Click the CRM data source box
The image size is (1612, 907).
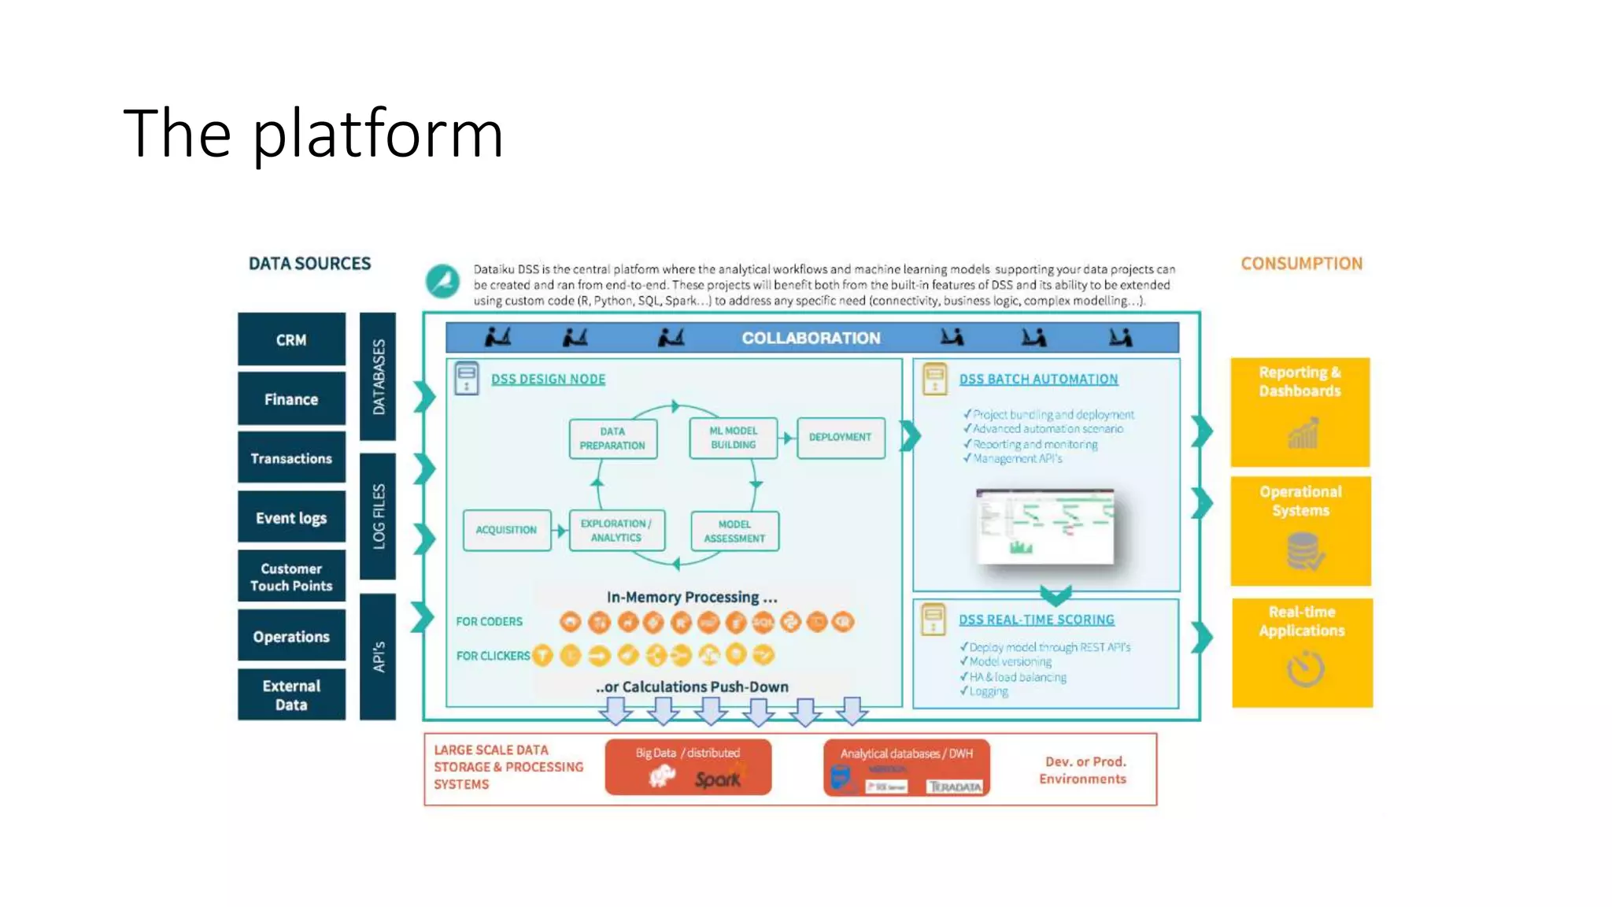[x=291, y=339]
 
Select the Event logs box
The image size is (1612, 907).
[x=291, y=517]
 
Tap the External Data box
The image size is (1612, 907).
[x=291, y=694]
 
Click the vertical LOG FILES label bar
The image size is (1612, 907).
[x=378, y=516]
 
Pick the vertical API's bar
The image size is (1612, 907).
[x=378, y=656]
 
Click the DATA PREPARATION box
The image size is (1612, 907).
[x=612, y=439]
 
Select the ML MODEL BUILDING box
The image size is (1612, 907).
[x=733, y=438]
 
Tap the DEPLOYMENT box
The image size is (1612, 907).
[x=840, y=437]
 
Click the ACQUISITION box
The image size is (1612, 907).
[x=506, y=530]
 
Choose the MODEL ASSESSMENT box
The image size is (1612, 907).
[x=734, y=531]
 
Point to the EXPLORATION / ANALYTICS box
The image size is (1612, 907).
[x=616, y=530]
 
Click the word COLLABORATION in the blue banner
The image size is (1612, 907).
[x=811, y=338]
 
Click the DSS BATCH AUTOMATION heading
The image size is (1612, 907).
[x=1038, y=379]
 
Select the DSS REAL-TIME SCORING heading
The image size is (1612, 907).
[x=1036, y=620]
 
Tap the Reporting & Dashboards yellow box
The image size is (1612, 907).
[x=1300, y=411]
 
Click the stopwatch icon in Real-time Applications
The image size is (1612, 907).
[x=1305, y=669]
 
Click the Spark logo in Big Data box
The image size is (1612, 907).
[x=717, y=779]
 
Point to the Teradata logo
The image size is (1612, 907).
[x=955, y=787]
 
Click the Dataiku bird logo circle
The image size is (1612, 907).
[x=442, y=281]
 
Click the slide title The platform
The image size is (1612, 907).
[x=312, y=134]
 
